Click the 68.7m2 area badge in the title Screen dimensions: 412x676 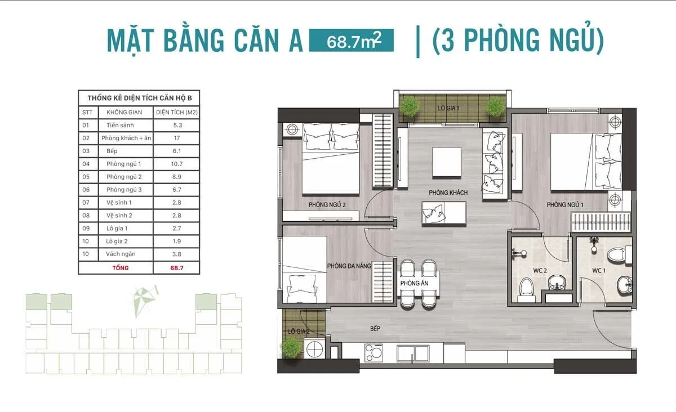click(351, 41)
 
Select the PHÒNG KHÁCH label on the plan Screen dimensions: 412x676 click(448, 192)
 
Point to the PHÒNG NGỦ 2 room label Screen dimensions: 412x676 click(327, 205)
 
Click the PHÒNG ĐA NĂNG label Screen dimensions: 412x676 click(349, 266)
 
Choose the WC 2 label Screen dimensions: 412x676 click(540, 271)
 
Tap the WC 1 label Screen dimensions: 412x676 click(598, 271)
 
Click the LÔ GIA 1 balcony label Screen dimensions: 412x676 click(450, 108)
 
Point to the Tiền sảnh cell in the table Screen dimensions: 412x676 click(120, 125)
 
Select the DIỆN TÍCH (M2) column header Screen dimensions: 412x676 click(176, 112)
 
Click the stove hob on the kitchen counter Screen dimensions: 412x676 click(372, 352)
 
